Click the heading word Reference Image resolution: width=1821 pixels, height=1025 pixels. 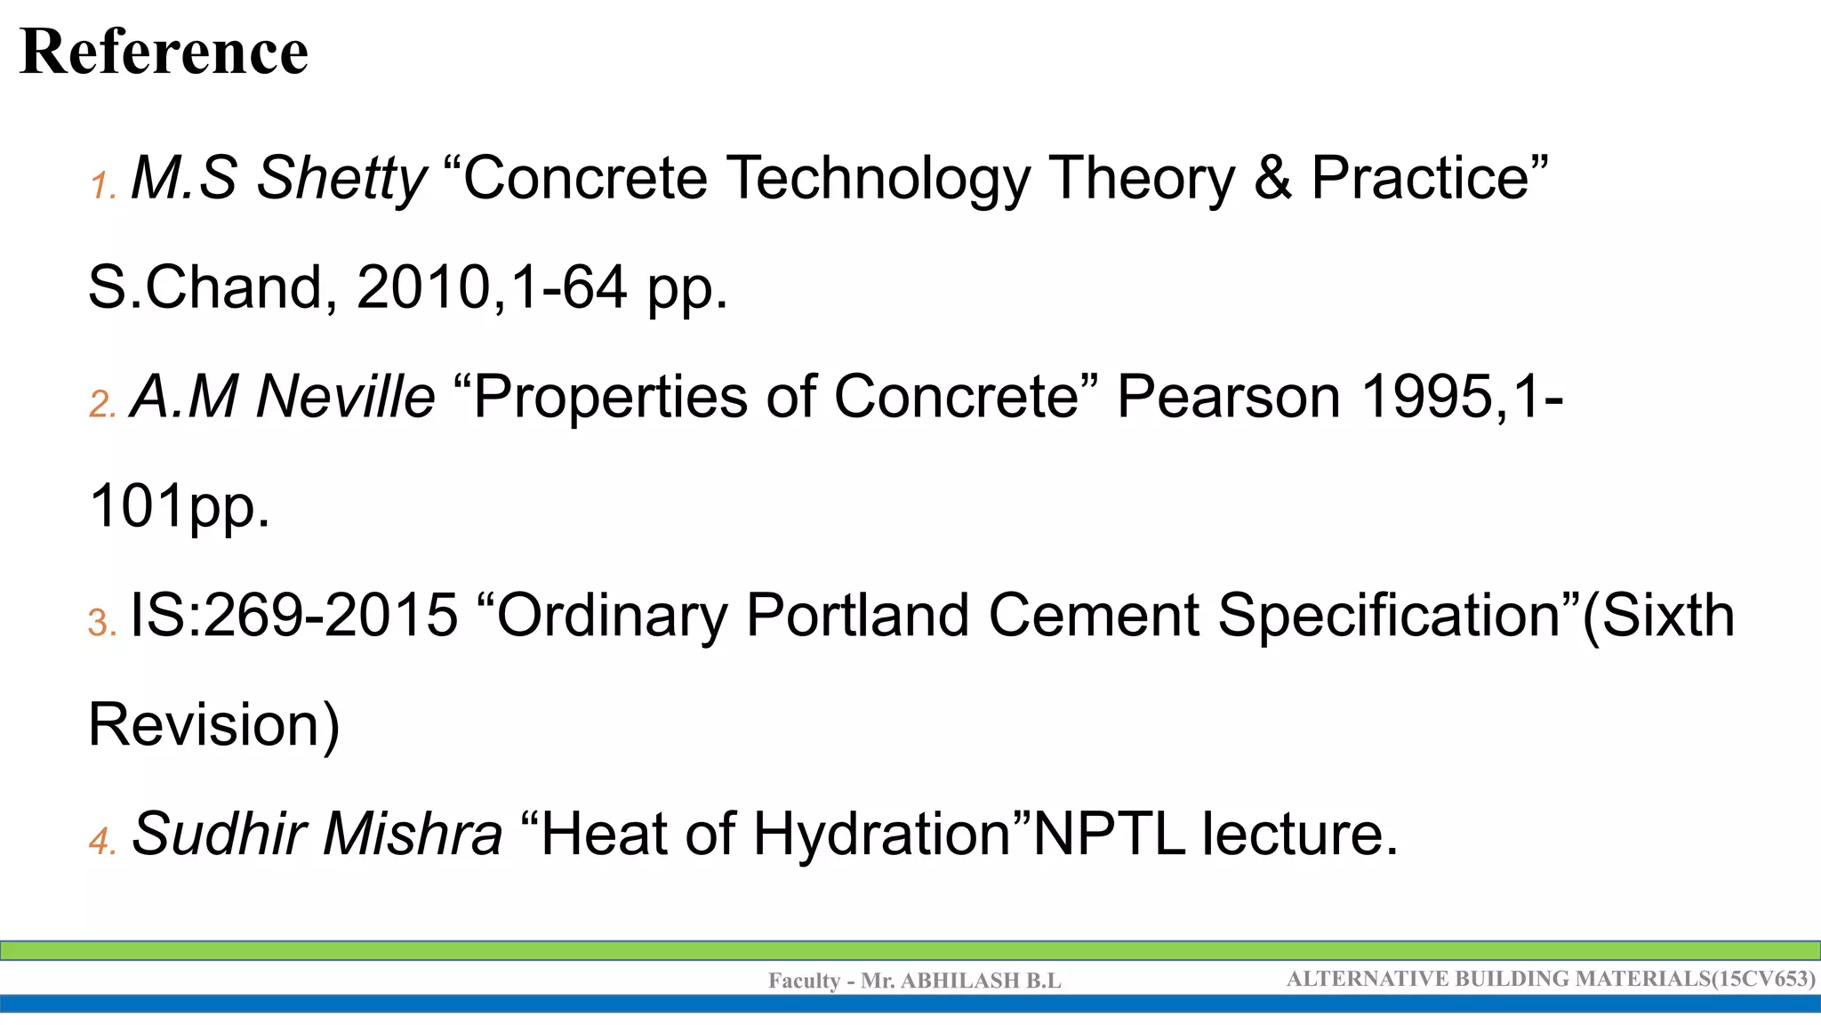click(x=164, y=52)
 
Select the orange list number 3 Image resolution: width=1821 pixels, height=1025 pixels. click(x=102, y=622)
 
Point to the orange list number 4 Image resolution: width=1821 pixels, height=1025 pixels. click(x=102, y=841)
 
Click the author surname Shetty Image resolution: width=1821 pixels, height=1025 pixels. click(x=341, y=178)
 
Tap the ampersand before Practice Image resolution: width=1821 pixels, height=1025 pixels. click(x=1272, y=178)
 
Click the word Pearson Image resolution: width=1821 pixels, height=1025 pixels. click(x=1228, y=397)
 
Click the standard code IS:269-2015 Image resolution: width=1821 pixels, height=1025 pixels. click(x=294, y=616)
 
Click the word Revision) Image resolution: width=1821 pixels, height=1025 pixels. click(x=214, y=725)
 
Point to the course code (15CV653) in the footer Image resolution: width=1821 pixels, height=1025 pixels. click(x=1764, y=979)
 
